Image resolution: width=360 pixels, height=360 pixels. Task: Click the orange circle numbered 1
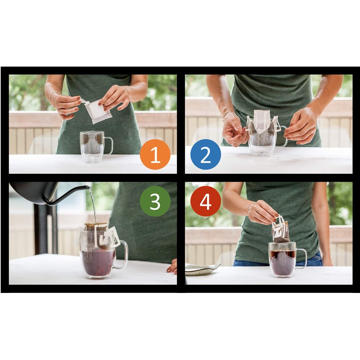click(x=155, y=154)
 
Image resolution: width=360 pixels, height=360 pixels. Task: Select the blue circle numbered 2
click(x=205, y=154)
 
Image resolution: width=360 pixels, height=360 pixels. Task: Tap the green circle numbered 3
click(x=155, y=201)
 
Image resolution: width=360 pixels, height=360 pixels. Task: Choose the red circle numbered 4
click(x=205, y=201)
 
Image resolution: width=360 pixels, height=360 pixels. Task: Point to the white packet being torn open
click(x=99, y=110)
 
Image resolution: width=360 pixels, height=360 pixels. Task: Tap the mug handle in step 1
click(x=108, y=145)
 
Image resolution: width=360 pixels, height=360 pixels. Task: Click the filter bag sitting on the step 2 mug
click(x=261, y=121)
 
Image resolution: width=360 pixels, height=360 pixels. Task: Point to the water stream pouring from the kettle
click(x=93, y=205)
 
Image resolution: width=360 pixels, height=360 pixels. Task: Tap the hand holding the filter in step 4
click(x=262, y=212)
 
